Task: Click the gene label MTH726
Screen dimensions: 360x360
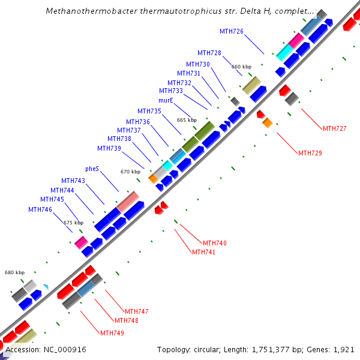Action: [x=231, y=31]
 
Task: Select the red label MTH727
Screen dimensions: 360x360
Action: [x=334, y=128]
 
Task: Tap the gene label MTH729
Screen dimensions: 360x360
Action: [x=310, y=153]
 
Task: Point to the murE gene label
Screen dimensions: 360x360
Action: [x=166, y=100]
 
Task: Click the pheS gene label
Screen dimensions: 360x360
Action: [x=92, y=169]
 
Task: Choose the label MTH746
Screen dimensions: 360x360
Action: [x=40, y=209]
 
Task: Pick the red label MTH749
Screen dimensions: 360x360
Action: [x=112, y=333]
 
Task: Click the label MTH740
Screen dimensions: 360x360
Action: [x=214, y=243]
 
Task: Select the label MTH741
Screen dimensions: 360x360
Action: [x=203, y=252]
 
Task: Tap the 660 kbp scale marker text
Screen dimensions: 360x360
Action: [x=241, y=67]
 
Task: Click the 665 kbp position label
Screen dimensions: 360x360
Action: [x=187, y=120]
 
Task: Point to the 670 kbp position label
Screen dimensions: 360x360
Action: [x=130, y=172]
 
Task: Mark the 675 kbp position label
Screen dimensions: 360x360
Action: [x=73, y=223]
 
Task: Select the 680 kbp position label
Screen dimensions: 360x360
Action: [x=15, y=272]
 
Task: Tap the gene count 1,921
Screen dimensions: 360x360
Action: [x=344, y=349]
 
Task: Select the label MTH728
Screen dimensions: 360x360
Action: [x=209, y=53]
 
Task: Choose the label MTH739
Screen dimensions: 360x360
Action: [x=109, y=148]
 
